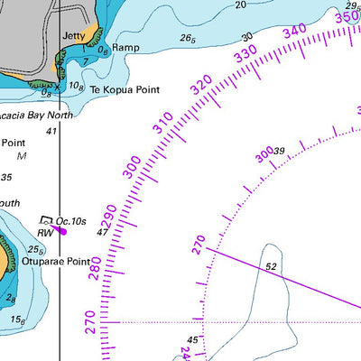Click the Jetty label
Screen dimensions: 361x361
coord(74,36)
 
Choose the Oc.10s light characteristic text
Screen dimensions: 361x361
coord(70,221)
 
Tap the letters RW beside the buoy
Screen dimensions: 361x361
coord(45,232)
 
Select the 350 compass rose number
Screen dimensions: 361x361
coord(347,17)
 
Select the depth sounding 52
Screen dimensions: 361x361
coord(270,267)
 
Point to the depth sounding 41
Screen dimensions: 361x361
coord(51,132)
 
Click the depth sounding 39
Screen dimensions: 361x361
coord(279,151)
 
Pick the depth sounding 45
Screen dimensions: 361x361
coord(192,340)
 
